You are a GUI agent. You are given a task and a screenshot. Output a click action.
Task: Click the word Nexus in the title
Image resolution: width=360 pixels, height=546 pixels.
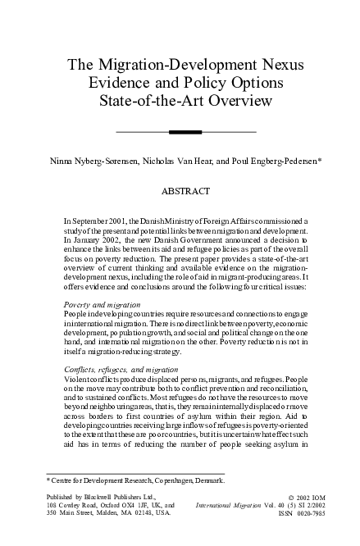click(277, 66)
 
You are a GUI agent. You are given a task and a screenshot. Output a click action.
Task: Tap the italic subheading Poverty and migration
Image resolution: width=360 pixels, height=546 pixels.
click(102, 304)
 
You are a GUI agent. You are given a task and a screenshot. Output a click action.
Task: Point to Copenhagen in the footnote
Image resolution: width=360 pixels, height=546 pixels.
click(172, 480)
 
